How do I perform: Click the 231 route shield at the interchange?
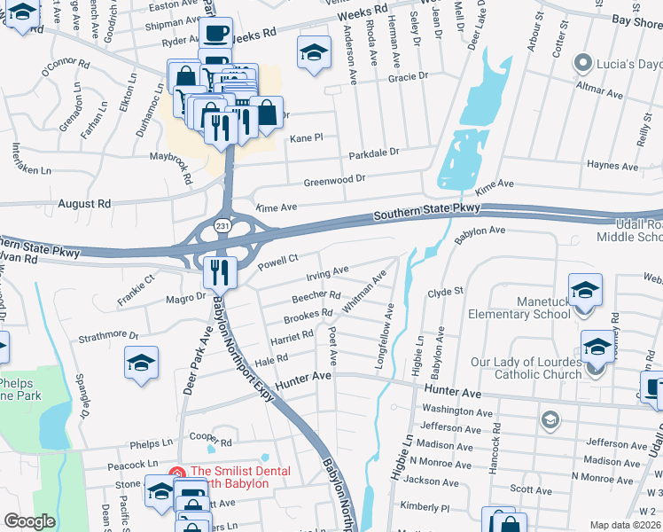coord(219,227)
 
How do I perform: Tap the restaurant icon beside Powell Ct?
coord(217,271)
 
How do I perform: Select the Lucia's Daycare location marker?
coord(582,63)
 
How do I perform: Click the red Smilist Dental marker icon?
coord(177,472)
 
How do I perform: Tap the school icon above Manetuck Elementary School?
coord(585,290)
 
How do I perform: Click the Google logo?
coord(29,521)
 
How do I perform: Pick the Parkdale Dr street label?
coord(373,152)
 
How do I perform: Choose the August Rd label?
coord(84,203)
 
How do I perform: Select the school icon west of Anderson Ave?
coord(313,52)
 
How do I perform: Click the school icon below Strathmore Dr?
coord(141,363)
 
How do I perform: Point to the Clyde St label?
coord(446,291)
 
